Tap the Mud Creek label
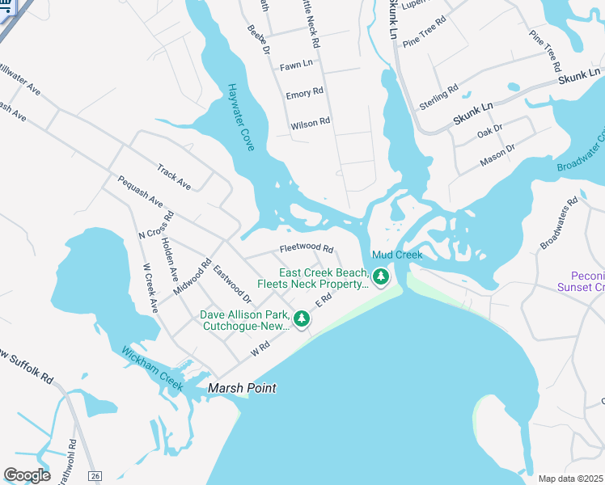pyautogui.click(x=397, y=255)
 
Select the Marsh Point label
pyautogui.click(x=242, y=389)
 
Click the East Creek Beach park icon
pyautogui.click(x=382, y=278)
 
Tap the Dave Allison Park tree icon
pyautogui.click(x=302, y=319)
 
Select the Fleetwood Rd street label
pyautogui.click(x=307, y=248)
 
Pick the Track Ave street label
pyautogui.click(x=174, y=178)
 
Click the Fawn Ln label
pyautogui.click(x=295, y=65)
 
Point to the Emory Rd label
pyautogui.click(x=305, y=94)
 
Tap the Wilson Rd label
pyautogui.click(x=311, y=123)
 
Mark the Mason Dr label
pyautogui.click(x=497, y=154)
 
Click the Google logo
pyautogui.click(x=27, y=475)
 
